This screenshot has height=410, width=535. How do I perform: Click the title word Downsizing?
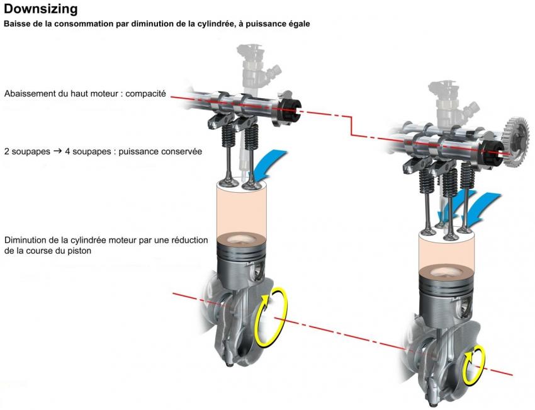coord(41,9)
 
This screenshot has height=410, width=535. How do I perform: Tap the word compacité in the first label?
coord(145,94)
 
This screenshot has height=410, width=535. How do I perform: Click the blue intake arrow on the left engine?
coord(267,161)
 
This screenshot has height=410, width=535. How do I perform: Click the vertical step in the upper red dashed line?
coord(351,126)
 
